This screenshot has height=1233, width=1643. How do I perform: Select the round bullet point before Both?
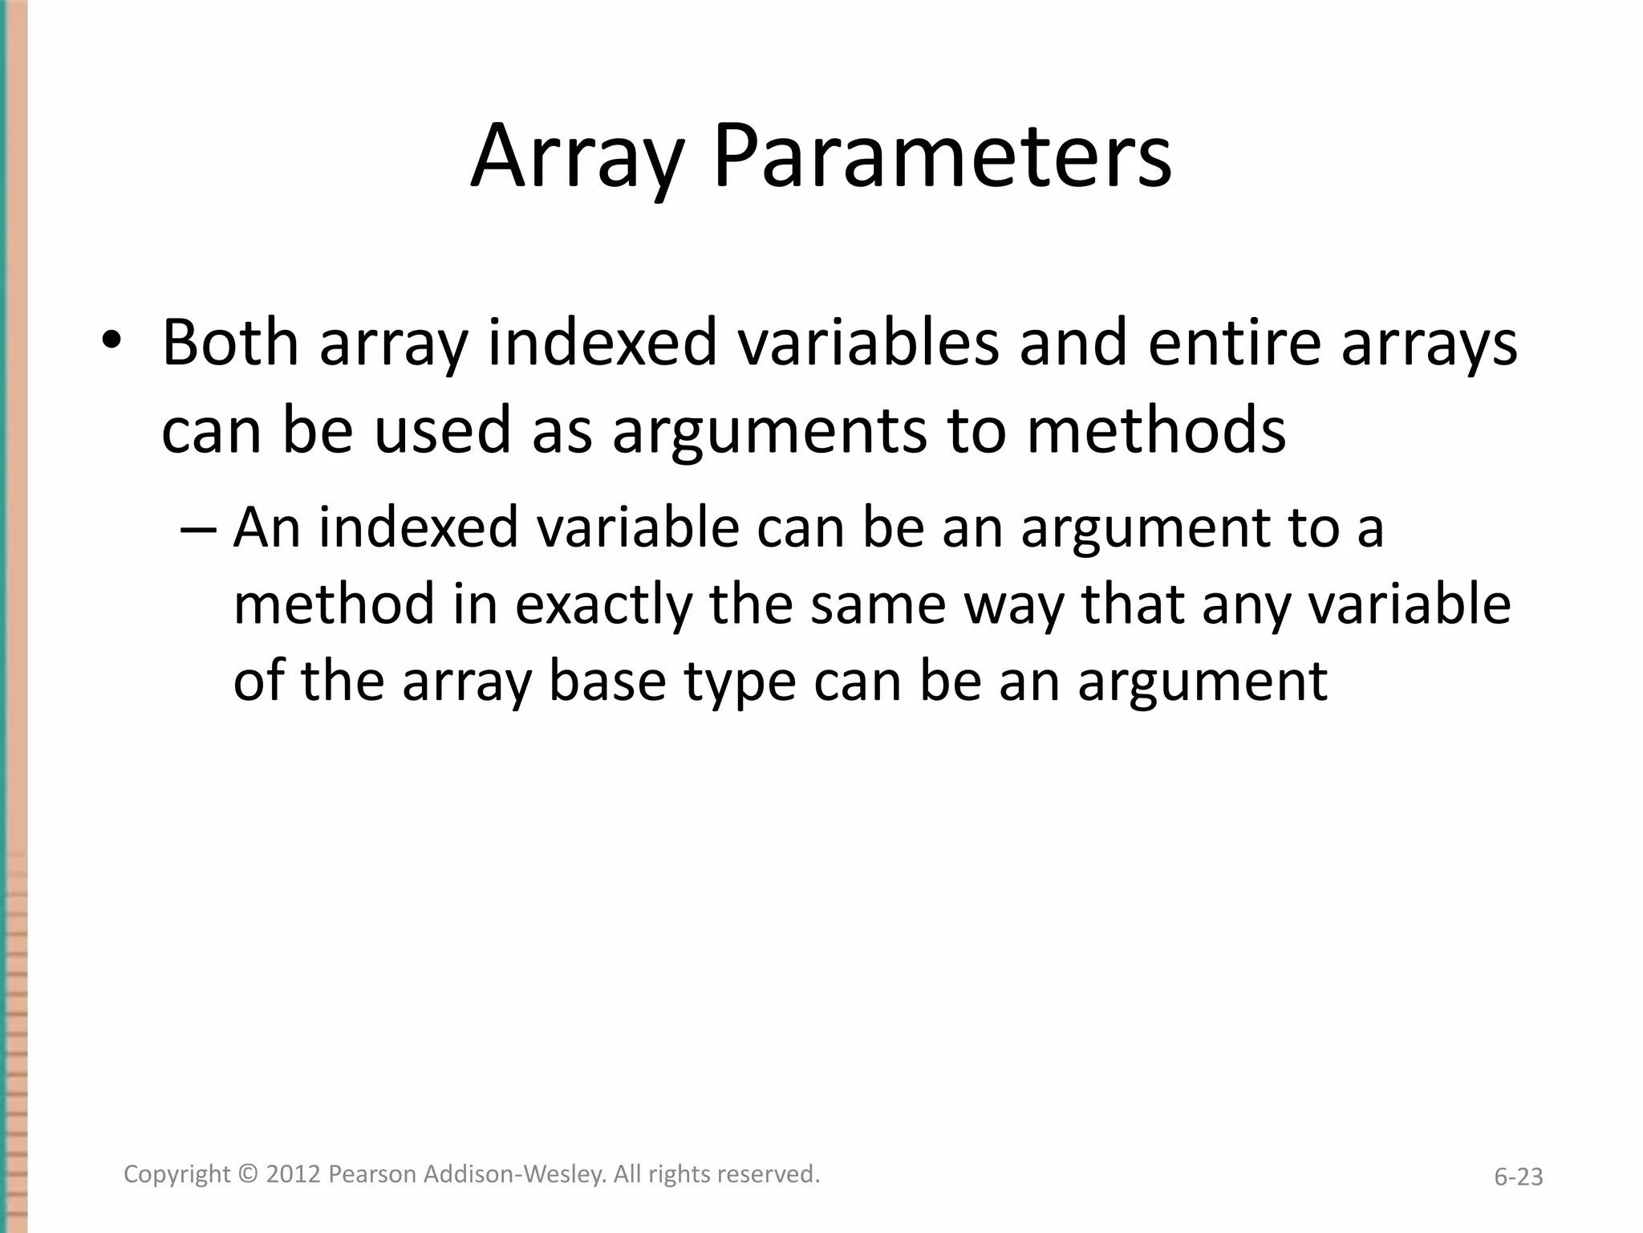click(111, 342)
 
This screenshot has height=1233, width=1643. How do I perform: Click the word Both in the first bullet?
click(230, 342)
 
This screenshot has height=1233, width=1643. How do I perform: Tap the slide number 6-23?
click(1518, 1178)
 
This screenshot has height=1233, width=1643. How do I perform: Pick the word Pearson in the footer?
click(372, 1174)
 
